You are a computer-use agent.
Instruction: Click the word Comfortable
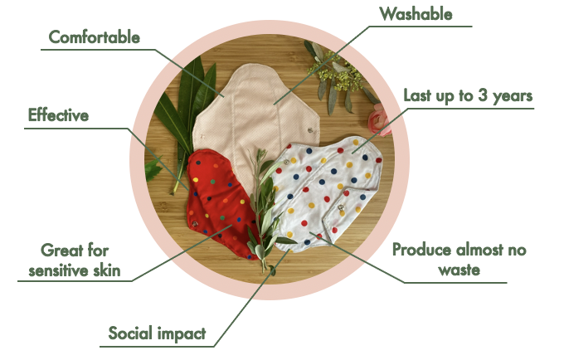coord(94,36)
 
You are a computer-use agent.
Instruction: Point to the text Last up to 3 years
coord(467,95)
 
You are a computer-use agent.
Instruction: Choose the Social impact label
coord(157,333)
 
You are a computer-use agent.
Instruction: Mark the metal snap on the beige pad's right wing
coord(309,129)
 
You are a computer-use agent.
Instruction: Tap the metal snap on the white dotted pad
coord(339,202)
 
